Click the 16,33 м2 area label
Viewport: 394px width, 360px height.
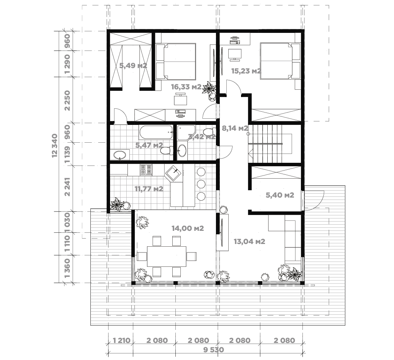point(186,87)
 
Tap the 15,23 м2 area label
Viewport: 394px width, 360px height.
point(246,71)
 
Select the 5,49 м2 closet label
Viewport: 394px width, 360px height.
point(133,66)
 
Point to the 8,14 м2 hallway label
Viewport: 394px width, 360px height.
point(235,128)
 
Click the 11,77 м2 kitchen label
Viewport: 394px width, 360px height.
point(149,189)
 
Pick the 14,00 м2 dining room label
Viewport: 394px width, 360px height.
point(188,229)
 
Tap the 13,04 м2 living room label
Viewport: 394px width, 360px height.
point(250,242)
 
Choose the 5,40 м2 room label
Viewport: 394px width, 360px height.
point(280,195)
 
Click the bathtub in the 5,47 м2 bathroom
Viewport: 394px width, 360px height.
point(156,132)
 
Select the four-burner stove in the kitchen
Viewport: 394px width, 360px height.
point(146,170)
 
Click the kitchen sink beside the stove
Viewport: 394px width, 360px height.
point(174,174)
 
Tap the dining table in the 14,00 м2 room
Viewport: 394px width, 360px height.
point(166,256)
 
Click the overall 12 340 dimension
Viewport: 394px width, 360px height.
point(55,146)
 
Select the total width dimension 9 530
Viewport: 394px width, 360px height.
point(214,350)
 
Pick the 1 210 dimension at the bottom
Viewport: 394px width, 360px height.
point(122,341)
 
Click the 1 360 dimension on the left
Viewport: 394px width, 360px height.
point(67,269)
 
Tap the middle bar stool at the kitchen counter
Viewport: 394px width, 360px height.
point(201,184)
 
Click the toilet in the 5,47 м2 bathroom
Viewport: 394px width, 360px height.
point(166,150)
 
